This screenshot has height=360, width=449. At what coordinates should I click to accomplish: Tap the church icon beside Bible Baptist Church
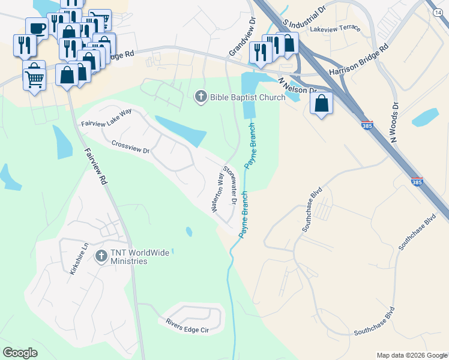coord(200,95)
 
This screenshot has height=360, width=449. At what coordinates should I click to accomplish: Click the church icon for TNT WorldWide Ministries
coord(101,256)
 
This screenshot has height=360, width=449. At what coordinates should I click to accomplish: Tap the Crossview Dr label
coord(130,147)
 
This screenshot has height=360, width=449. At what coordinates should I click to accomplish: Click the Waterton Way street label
coord(216,193)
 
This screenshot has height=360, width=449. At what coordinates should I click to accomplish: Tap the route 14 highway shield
coord(437,12)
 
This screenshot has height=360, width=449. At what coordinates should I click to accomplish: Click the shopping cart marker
coord(35,77)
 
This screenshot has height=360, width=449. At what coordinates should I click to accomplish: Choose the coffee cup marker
coord(37,28)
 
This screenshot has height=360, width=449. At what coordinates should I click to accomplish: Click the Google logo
coord(20,353)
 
